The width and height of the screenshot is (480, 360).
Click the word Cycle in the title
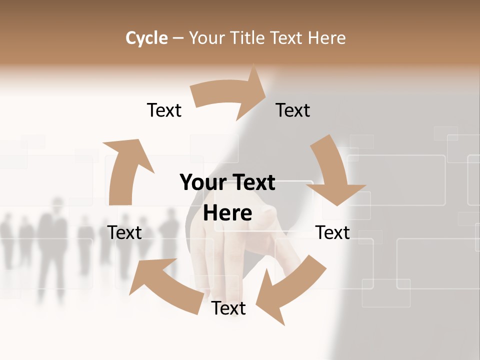click(x=146, y=38)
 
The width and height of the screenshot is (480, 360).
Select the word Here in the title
click(x=327, y=38)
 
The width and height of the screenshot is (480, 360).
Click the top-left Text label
click(x=164, y=110)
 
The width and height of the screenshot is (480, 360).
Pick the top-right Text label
click(x=292, y=110)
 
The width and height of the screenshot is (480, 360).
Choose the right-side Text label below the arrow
click(x=332, y=232)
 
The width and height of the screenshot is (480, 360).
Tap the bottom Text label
click(x=228, y=308)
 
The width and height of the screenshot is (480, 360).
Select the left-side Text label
click(x=124, y=232)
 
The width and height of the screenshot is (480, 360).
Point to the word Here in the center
click(x=227, y=213)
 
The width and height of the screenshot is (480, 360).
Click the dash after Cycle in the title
click(x=178, y=38)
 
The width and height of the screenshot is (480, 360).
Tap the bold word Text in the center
click(x=254, y=182)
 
